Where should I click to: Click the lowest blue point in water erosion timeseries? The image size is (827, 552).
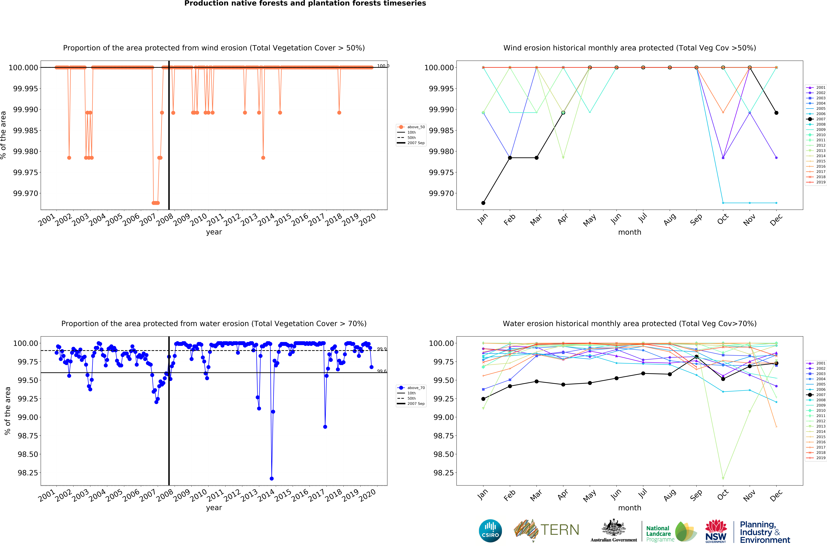point(271,478)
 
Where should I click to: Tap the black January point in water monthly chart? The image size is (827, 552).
point(483,399)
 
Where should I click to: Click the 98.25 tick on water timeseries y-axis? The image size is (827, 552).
point(28,473)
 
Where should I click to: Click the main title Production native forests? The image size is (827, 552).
point(305,4)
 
